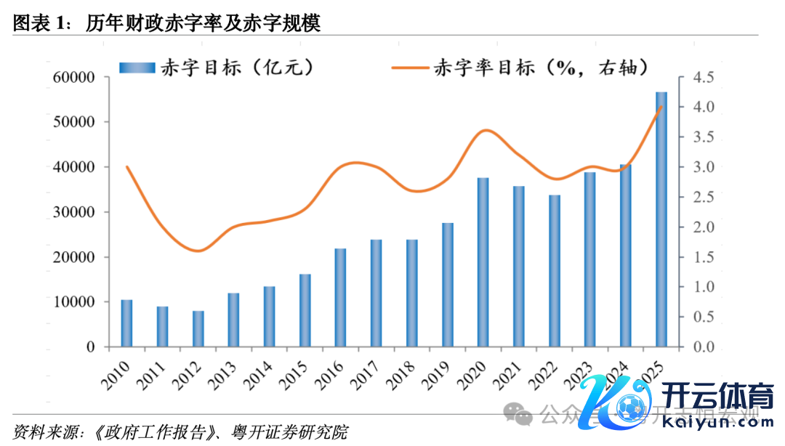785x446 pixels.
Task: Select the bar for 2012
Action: (x=198, y=329)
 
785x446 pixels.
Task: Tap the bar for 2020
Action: (x=483, y=262)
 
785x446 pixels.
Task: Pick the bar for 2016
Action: (x=340, y=298)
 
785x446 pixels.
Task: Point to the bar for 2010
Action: (x=126, y=323)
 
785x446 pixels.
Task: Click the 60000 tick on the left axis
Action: (x=74, y=78)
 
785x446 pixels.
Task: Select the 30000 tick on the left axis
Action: (x=74, y=212)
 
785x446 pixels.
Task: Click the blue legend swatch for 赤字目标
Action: (x=138, y=68)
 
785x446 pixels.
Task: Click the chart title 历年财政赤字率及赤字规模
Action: (x=203, y=23)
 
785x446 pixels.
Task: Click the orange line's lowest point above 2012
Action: (x=199, y=251)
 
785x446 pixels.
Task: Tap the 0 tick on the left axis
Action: (x=91, y=347)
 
